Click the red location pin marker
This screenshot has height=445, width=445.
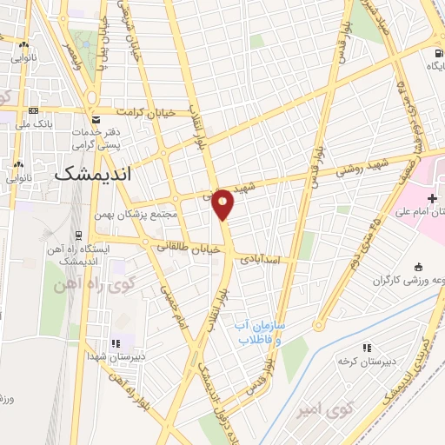point(223,204)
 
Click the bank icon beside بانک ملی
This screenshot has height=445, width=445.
point(33,110)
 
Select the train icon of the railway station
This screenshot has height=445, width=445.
point(78,234)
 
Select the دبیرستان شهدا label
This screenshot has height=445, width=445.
point(110,355)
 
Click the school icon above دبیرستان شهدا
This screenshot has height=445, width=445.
point(116,340)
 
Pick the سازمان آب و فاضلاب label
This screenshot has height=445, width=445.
point(257,330)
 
